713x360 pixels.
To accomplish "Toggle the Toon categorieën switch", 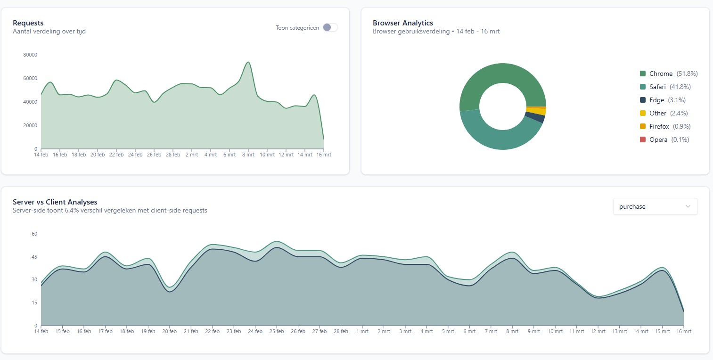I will point(330,28).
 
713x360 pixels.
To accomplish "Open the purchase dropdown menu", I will point(655,206).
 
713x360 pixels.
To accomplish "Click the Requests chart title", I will point(28,23).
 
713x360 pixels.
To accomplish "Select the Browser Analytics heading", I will point(402,23).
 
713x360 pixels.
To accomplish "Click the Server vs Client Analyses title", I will point(55,202).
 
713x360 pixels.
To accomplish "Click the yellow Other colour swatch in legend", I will point(643,113).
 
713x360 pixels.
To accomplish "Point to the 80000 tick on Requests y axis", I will point(30,55).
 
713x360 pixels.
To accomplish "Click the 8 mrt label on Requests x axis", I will point(248,155).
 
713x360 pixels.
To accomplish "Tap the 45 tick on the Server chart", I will point(34,257).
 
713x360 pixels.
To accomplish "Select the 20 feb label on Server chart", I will point(170,331).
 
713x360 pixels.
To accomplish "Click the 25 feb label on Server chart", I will point(277,331).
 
